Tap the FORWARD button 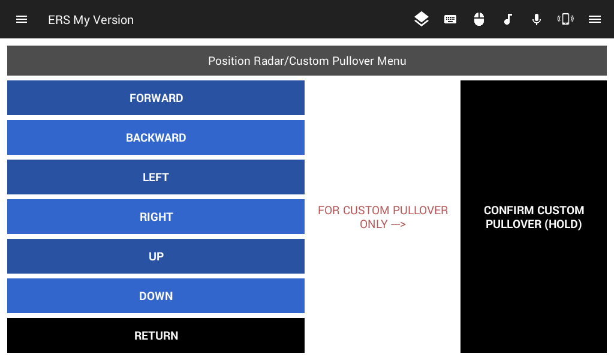[156, 98]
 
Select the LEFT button [156, 177]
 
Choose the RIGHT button [156, 217]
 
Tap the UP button [156, 256]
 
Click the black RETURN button [156, 335]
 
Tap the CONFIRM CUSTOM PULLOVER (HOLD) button [533, 217]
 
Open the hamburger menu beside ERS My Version [22, 19]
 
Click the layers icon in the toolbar [422, 19]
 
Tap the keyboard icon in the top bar [450, 19]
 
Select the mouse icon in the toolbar [479, 19]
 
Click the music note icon [508, 19]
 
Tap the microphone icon [537, 19]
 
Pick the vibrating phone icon [565, 19]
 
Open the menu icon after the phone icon [594, 19]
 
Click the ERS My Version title [91, 20]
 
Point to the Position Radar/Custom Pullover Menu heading [307, 61]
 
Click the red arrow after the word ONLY [398, 224]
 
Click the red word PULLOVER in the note [420, 211]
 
